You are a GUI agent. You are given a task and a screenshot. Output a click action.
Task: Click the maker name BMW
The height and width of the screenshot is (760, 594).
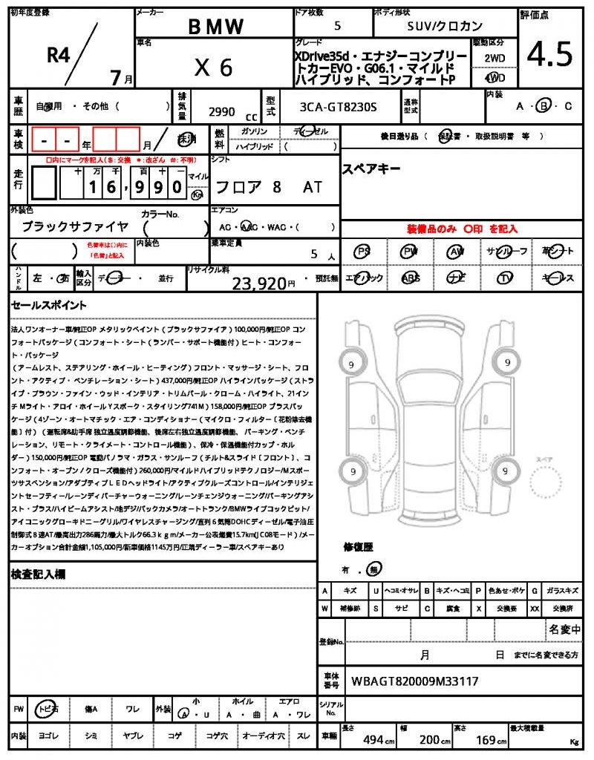(x=215, y=27)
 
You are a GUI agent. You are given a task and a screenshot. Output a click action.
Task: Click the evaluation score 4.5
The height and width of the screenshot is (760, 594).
(x=549, y=53)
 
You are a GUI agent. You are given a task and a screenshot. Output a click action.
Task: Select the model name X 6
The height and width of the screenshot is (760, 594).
(x=214, y=68)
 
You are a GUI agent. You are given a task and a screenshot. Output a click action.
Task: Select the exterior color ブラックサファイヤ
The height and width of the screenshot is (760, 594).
(x=75, y=226)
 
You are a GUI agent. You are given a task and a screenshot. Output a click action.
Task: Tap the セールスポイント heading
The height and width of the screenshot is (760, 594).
(x=49, y=305)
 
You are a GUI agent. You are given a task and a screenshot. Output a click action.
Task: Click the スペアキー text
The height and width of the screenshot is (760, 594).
(x=371, y=169)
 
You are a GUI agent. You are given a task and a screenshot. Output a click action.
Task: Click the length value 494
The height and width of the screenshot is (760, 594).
(x=373, y=739)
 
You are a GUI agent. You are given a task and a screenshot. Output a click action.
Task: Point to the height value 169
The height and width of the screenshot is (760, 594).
(x=486, y=739)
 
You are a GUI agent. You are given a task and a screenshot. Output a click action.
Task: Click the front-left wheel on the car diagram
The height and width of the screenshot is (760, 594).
(x=350, y=364)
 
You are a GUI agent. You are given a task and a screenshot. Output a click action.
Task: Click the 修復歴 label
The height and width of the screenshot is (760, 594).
(x=358, y=547)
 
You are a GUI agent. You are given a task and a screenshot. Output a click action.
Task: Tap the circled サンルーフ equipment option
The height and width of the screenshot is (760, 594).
(x=506, y=252)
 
